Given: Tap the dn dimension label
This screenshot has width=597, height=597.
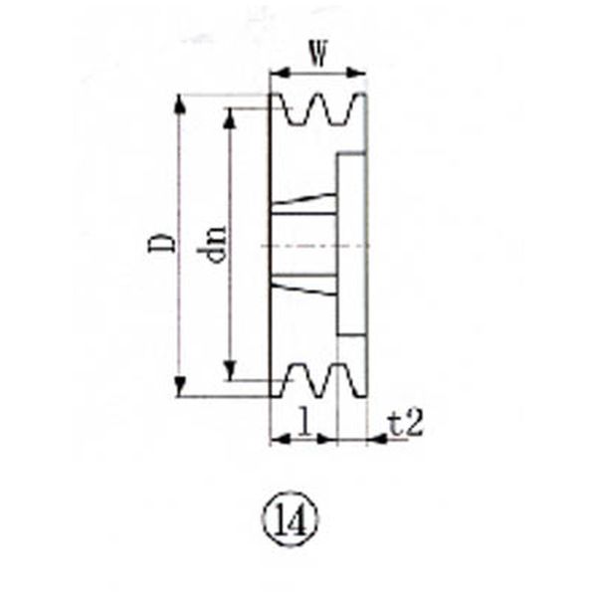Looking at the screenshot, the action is (211, 244).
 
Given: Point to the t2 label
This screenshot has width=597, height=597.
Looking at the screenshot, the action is (406, 424).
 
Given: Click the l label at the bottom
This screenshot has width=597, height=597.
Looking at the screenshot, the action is (303, 421).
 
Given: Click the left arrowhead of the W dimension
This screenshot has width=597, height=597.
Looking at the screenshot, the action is (281, 73).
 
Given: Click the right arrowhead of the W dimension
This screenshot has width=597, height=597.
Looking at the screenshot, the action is (355, 73).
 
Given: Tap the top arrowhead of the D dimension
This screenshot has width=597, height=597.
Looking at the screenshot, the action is (180, 103).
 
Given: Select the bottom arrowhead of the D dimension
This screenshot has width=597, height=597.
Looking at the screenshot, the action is (180, 386).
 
